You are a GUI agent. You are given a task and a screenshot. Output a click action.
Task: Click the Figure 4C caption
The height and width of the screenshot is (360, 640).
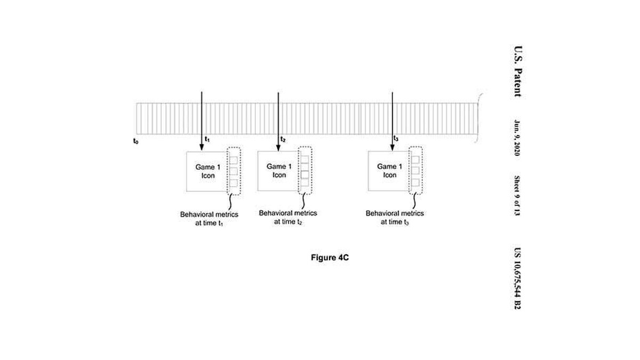pos(330,257)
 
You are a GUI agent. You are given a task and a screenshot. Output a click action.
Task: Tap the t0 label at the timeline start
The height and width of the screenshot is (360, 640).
pos(135,141)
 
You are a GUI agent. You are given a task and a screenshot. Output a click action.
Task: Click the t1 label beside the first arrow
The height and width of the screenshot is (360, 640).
pos(208,140)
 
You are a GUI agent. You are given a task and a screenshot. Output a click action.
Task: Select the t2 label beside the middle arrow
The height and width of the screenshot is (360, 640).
pos(283,140)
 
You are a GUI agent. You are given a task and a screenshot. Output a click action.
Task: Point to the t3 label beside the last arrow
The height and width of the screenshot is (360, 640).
pos(395,139)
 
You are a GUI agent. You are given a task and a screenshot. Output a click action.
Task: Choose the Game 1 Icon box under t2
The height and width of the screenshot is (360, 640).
pos(279,171)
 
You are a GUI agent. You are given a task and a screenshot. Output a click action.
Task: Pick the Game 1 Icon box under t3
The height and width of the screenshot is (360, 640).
pos(389,171)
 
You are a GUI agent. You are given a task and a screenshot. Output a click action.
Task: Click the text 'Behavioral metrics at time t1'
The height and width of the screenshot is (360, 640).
pos(209,219)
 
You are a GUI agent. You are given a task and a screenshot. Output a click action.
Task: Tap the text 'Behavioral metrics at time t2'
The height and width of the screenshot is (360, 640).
pos(288,217)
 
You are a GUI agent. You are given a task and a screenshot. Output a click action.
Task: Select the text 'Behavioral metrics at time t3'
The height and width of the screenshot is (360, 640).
pos(395,217)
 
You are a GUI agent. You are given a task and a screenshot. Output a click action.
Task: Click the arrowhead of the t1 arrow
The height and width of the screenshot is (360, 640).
pos(202,146)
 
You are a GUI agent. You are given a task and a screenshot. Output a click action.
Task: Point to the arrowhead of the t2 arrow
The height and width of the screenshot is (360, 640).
pos(278,146)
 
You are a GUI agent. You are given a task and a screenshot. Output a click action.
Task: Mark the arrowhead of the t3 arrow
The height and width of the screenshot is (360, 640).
pos(392,146)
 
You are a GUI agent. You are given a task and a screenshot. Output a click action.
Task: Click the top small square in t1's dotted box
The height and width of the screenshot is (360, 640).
pos(233,160)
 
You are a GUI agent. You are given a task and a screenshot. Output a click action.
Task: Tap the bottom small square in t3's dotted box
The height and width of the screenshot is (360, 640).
pos(415,182)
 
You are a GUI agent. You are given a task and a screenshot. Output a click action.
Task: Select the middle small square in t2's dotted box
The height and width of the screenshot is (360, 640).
pos(305,171)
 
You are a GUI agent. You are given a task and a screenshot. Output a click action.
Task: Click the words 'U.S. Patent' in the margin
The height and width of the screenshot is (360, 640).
pos(516,70)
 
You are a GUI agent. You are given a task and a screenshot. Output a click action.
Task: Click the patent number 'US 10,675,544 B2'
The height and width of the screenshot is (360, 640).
pos(516,279)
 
